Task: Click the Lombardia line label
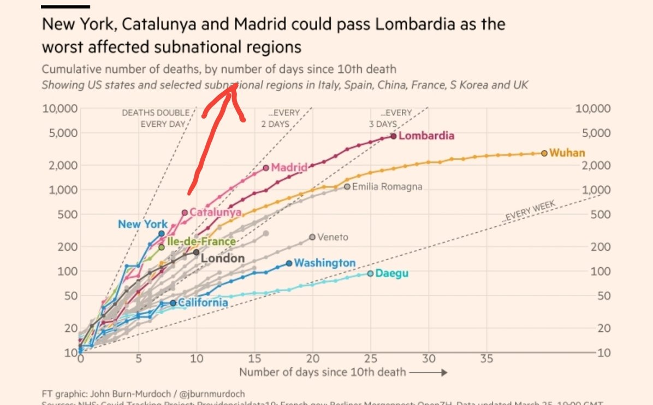tap(426, 136)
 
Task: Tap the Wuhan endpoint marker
tap(544, 153)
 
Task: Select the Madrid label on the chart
tap(289, 167)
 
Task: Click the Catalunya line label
tap(215, 212)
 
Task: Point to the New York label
tap(143, 224)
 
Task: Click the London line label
tap(223, 259)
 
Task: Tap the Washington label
tap(324, 263)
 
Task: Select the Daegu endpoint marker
tap(371, 273)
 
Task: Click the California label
tap(203, 303)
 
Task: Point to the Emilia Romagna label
tap(387, 187)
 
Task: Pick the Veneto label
tap(332, 237)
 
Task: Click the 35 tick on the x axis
tap(486, 359)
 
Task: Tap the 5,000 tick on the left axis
tap(60, 133)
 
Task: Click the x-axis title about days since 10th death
tap(323, 373)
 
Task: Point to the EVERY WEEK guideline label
tap(528, 212)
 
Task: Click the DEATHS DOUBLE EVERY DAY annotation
tap(156, 118)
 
